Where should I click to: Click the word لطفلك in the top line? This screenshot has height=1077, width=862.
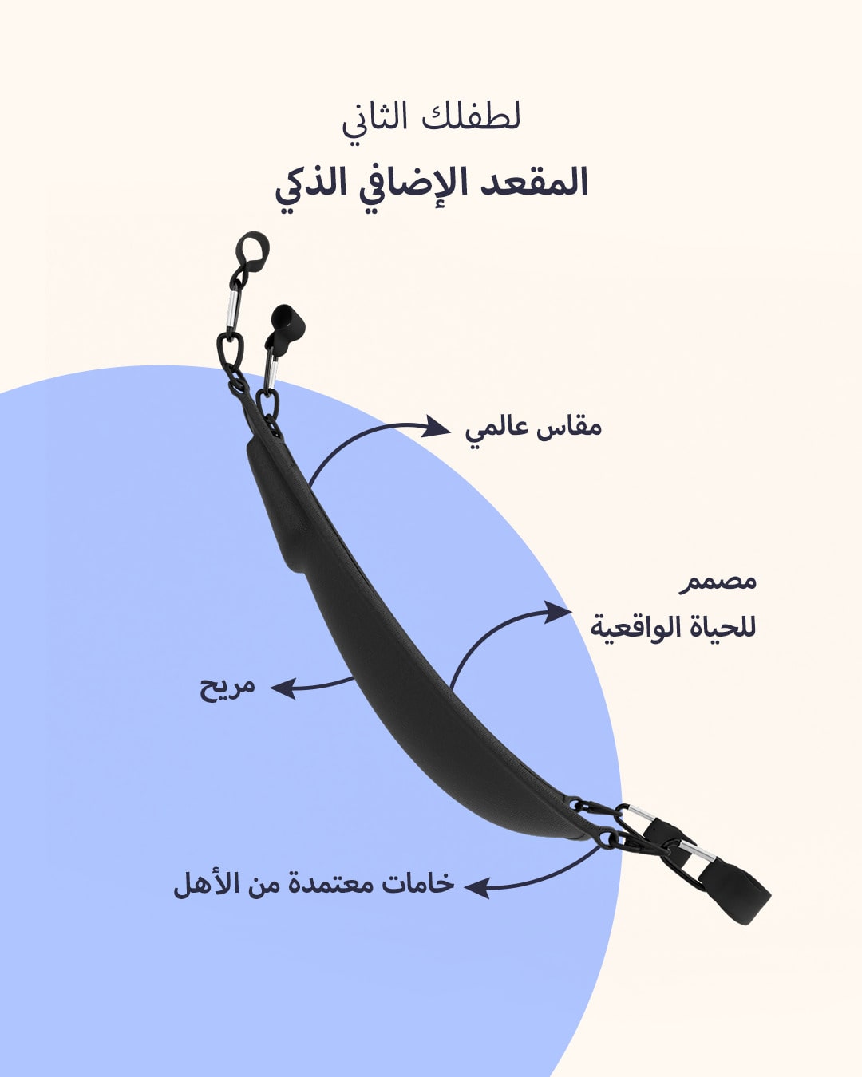pos(483,118)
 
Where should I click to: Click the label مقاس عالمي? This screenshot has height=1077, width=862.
pos(533,428)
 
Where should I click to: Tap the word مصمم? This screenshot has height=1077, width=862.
pos(718,581)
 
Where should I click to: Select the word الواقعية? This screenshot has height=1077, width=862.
pos(638,627)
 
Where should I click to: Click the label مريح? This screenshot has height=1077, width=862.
pos(227,687)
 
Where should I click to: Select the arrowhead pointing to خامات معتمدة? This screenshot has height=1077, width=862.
pos(477,887)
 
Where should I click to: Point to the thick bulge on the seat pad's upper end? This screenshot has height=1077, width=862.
pos(275,503)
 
